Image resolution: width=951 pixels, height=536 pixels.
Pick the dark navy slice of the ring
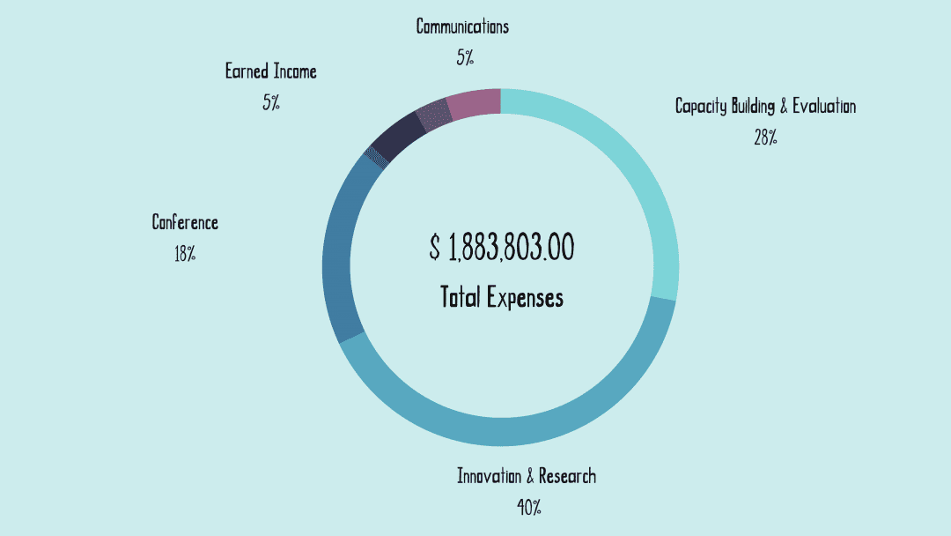394,134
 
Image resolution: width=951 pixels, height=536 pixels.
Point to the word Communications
462,26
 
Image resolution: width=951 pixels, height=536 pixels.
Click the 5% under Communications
465,58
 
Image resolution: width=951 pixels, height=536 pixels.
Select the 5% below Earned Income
270,102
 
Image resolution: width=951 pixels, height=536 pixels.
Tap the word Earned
247,71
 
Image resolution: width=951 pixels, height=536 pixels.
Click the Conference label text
185,222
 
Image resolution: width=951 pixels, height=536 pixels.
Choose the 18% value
185,255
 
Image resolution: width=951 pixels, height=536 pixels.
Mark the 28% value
765,138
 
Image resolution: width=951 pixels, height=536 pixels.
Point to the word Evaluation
823,106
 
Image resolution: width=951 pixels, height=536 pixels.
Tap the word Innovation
490,476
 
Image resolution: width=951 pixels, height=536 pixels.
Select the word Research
567,476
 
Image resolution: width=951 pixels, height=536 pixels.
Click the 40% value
528,508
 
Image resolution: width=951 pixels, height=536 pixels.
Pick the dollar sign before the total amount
435,249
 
